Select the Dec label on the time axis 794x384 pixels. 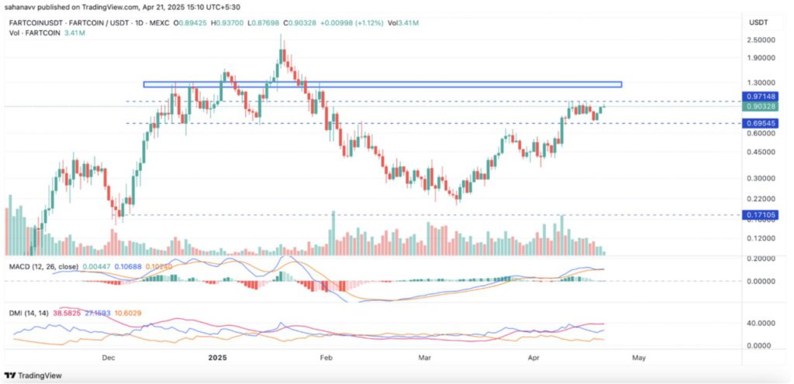[108, 358]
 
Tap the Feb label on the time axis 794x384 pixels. [326, 358]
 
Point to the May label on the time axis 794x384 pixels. [638, 358]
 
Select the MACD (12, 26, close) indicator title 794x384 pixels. [40, 266]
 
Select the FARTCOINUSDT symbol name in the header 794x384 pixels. [35, 23]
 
